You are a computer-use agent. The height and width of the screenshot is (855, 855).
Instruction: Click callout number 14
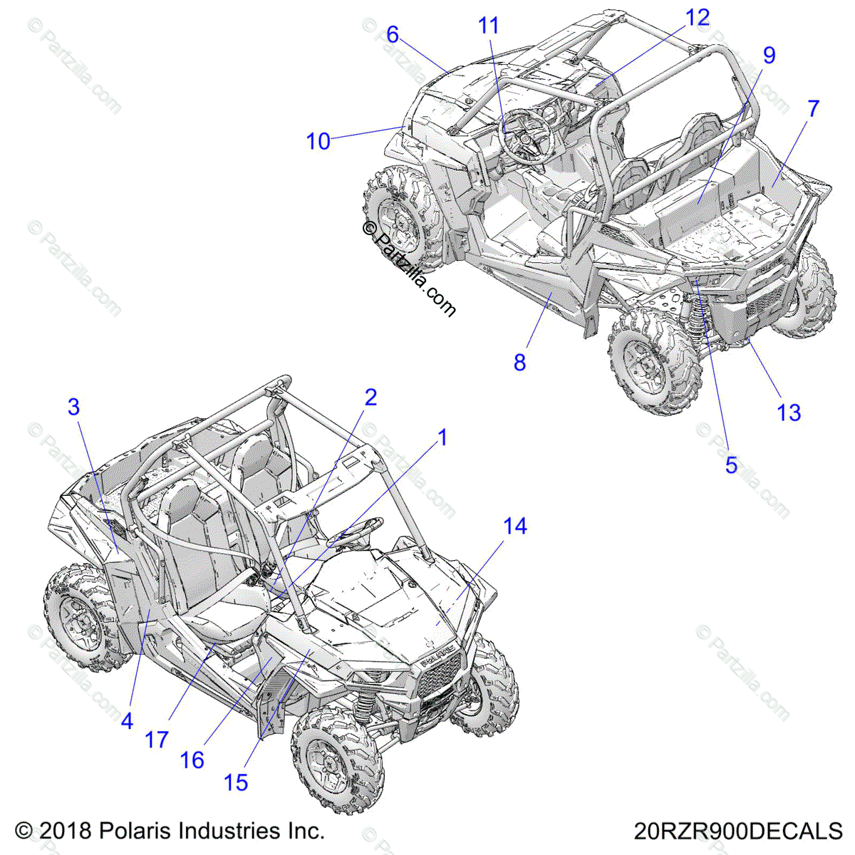click(515, 527)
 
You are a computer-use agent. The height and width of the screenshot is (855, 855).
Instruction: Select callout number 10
click(318, 141)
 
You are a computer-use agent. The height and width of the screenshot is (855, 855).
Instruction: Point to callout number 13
click(789, 412)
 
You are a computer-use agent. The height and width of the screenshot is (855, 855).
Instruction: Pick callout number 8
click(520, 362)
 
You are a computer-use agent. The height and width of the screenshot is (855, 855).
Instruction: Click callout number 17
click(156, 740)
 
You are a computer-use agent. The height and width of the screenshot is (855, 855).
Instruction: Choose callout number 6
click(393, 34)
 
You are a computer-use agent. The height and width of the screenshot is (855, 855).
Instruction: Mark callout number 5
click(732, 465)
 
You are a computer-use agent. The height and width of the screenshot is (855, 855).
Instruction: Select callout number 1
click(442, 437)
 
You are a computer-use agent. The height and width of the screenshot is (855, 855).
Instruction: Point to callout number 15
click(236, 782)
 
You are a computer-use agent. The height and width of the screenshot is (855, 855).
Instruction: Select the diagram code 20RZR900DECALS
click(738, 831)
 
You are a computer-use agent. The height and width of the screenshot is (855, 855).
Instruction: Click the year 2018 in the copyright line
click(66, 831)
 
